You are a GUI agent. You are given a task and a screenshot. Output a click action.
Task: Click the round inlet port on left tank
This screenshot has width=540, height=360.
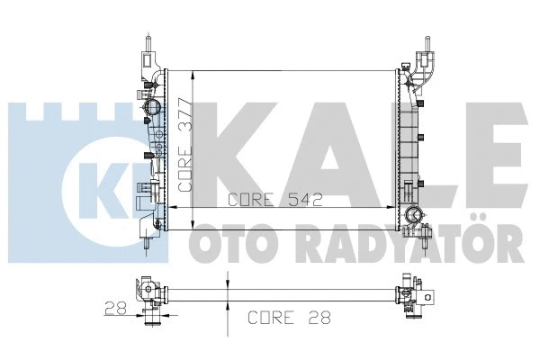click(149, 109)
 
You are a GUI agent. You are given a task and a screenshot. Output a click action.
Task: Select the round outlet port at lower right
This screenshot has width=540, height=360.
click(414, 215)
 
